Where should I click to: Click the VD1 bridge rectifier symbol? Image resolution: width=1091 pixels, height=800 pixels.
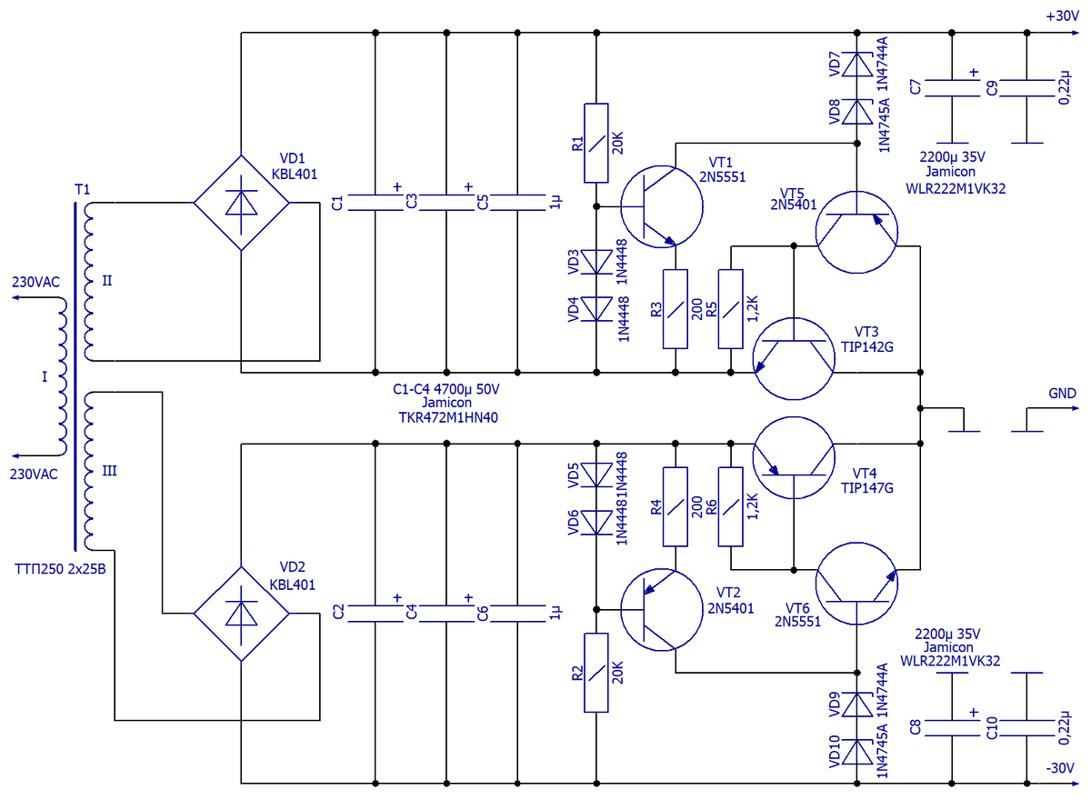pos(242,203)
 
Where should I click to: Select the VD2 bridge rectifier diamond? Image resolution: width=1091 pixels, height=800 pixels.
pos(242,614)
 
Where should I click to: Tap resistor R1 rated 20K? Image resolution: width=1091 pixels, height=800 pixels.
pos(596,143)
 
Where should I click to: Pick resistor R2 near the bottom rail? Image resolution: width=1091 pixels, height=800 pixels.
pos(596,673)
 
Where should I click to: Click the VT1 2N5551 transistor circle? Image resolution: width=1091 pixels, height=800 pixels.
pos(662,206)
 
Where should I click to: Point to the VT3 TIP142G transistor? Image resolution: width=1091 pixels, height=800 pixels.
pos(794,359)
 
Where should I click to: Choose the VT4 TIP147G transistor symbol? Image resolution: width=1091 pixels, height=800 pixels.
pos(794,457)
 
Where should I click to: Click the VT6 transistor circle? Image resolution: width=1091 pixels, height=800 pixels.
pos(856,584)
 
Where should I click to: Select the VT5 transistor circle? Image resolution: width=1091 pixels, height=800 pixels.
pos(856,232)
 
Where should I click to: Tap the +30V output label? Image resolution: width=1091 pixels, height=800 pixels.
pos(1062,16)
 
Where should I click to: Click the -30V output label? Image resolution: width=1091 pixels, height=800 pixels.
pos(1060,768)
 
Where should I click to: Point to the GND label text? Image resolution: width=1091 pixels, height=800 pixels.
pos(1062,393)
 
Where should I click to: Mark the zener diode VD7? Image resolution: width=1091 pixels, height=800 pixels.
pos(857,65)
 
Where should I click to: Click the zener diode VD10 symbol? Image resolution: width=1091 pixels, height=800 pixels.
pos(857,753)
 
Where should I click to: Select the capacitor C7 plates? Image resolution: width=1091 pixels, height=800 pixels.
pos(952,88)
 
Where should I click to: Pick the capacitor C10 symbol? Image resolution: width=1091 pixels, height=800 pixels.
pos(1027,728)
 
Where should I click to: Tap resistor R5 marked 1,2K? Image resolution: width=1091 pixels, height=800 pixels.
pos(731,309)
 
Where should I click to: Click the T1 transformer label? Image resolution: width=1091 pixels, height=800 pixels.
pos(83,189)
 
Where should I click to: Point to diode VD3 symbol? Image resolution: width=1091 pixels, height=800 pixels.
pos(596,262)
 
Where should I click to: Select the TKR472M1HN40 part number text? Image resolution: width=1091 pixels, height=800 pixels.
pos(448,418)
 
